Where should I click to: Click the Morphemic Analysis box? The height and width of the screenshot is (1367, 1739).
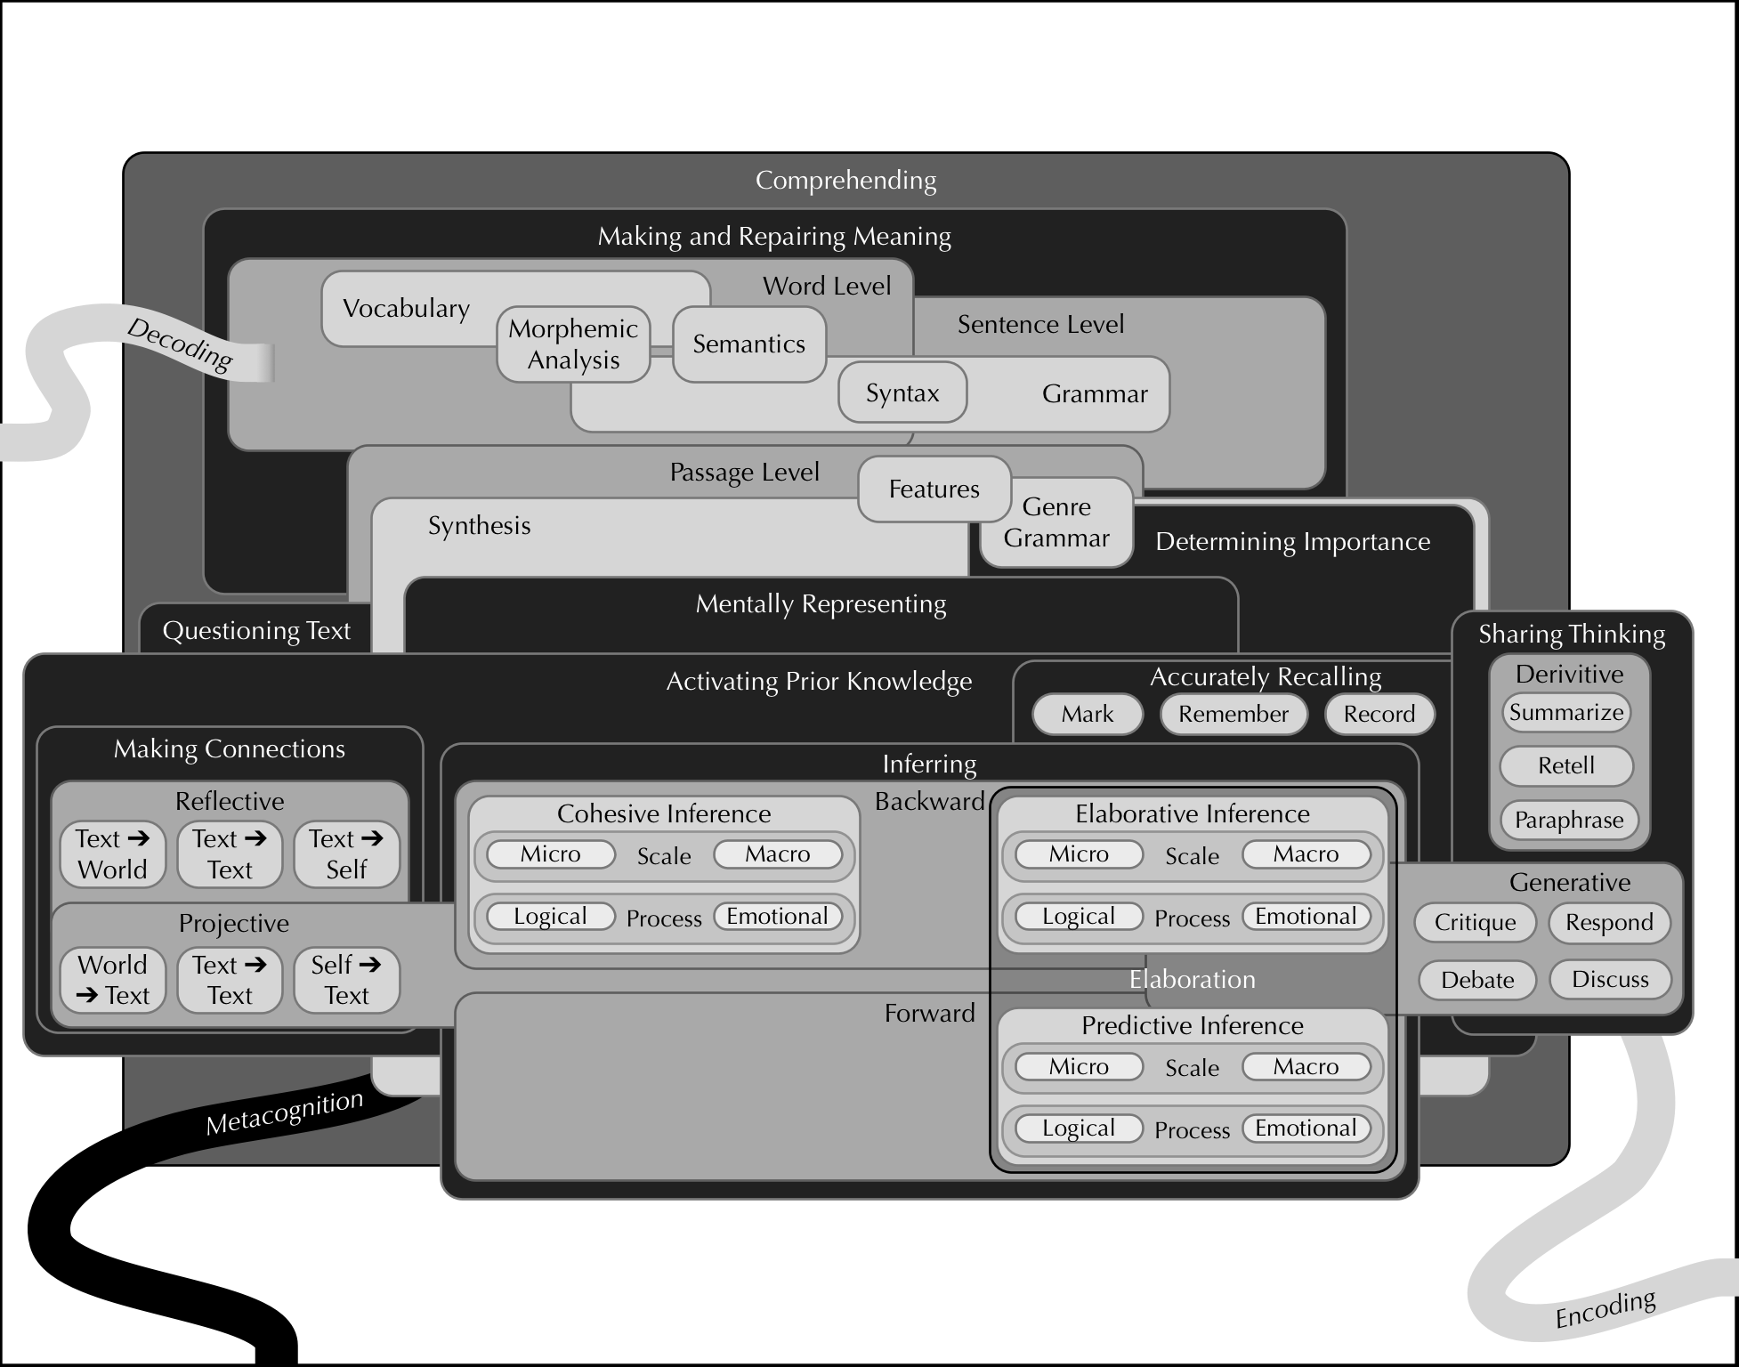573,344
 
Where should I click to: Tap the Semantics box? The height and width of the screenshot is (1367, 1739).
748,344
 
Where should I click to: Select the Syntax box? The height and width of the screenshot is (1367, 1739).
902,392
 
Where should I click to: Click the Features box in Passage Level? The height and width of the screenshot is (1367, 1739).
934,489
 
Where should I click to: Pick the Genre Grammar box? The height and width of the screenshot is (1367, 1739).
1056,522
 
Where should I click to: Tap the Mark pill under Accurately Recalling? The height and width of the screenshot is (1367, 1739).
1087,714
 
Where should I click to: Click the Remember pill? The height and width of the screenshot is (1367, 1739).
1233,714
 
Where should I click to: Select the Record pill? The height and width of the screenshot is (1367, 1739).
1379,714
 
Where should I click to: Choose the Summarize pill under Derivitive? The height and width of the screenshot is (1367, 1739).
1565,712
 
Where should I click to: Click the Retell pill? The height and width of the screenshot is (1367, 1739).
1565,765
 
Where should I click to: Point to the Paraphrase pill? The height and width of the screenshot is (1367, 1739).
1568,820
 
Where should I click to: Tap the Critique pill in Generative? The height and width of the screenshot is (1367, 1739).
1475,922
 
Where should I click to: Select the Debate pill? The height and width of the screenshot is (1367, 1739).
1476,980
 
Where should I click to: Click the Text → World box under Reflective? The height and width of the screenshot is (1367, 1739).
112,854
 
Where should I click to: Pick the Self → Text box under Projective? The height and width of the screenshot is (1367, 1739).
346,980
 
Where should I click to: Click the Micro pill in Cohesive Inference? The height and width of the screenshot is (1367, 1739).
550,854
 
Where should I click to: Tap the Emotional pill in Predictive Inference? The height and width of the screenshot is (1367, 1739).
1306,1128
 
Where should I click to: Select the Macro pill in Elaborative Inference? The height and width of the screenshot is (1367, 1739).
1306,854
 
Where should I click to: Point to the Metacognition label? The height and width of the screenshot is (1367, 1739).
285,1113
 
